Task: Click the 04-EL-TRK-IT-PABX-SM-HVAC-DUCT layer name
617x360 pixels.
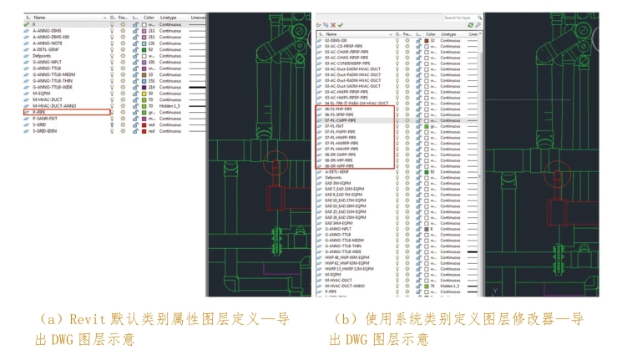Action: [359, 103]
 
